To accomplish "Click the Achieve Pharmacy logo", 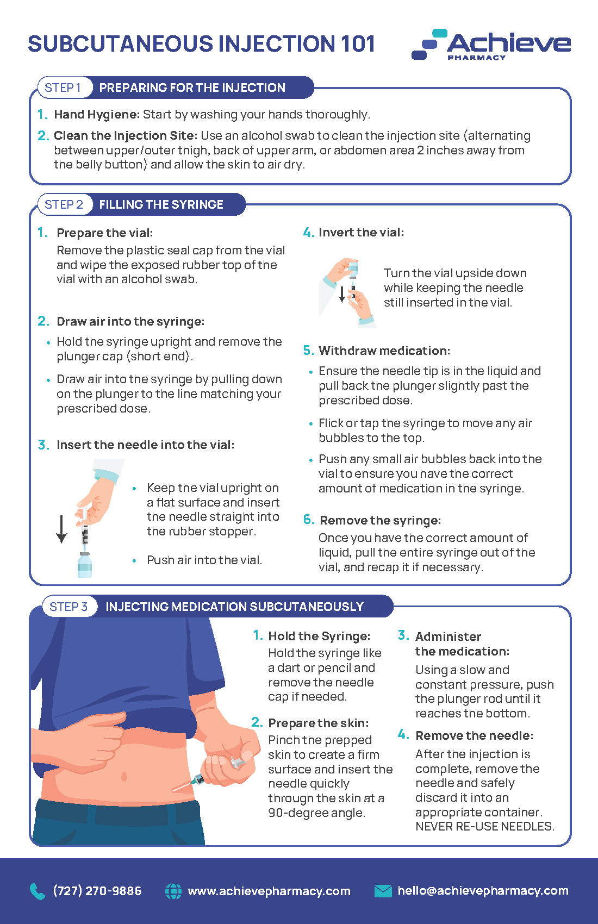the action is coord(491,45).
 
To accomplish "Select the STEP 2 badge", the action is coord(65,204).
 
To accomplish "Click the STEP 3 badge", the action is coord(70,607).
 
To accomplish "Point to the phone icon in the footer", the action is coord(38,891).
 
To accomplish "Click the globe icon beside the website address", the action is coord(173,891).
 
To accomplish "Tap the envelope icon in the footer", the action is coord(383,891).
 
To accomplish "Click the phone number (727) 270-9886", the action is coord(97,891).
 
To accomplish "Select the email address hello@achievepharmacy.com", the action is coord(483,891).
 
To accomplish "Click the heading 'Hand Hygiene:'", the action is coord(97,114).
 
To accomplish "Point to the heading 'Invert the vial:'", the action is coord(361,232).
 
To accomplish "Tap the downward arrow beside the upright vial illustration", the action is coord(61,529).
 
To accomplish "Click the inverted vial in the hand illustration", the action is coord(353,269).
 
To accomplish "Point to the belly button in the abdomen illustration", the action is coord(124,777).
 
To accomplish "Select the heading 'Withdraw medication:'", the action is coord(384,351).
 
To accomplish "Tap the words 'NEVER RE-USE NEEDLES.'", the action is coord(485,826).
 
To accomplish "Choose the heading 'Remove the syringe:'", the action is coord(380,520).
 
